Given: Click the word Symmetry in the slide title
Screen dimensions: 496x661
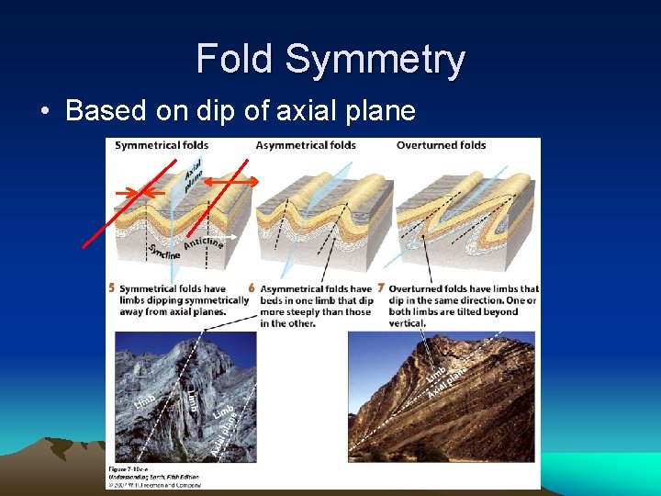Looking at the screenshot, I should (x=375, y=60).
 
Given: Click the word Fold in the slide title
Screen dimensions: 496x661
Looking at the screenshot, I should (x=236, y=60).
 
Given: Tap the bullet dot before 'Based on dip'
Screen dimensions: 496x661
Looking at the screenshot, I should (x=45, y=112).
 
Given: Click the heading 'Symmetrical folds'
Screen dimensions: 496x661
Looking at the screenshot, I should (x=162, y=145).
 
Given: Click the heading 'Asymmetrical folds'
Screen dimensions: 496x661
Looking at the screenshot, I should (x=306, y=145).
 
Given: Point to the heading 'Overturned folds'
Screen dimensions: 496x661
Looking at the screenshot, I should (x=441, y=145).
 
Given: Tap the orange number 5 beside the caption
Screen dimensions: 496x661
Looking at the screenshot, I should (x=112, y=288).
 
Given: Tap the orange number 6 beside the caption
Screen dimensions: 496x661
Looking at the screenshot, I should (x=252, y=288).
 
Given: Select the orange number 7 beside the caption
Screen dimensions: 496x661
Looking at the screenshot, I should (x=380, y=288).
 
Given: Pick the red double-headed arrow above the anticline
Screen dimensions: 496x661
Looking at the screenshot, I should (x=230, y=183).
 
